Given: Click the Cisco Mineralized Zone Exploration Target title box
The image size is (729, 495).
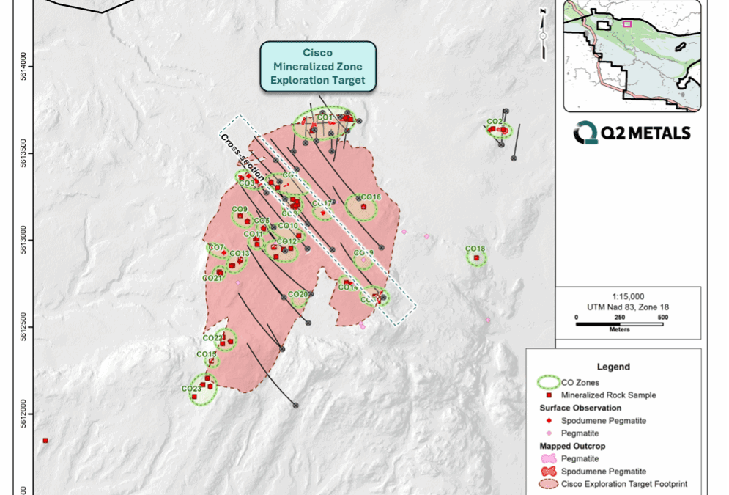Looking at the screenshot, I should (x=318, y=66).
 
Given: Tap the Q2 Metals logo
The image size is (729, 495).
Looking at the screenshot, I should (x=632, y=133).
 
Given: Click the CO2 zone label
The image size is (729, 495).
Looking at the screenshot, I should (x=495, y=122).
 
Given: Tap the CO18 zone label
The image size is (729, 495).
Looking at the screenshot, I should (x=475, y=249).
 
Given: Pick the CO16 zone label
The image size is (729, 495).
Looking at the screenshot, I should (x=371, y=197).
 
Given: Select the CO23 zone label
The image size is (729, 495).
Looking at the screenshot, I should (x=190, y=389).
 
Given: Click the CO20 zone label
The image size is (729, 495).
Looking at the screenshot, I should (x=298, y=294).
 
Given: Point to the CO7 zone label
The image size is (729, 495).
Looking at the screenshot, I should (x=216, y=247).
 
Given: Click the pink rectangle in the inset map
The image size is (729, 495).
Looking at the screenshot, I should (x=626, y=23).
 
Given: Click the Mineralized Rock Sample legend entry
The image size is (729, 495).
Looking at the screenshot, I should (x=608, y=395).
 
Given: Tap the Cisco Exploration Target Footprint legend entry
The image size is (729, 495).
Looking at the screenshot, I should (x=623, y=484).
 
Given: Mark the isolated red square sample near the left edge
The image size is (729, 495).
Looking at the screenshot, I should (x=45, y=441).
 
